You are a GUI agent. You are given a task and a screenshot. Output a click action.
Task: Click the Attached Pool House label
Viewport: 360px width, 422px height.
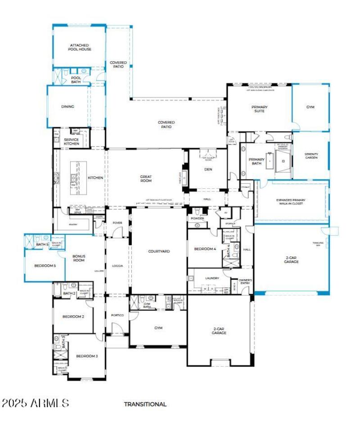tap(80, 47)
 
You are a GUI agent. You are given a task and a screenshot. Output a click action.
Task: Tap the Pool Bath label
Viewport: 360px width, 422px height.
tap(76, 80)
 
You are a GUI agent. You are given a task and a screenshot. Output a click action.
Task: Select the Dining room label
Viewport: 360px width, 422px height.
tap(67, 107)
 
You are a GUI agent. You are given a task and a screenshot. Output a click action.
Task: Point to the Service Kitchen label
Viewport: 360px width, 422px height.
tap(72, 142)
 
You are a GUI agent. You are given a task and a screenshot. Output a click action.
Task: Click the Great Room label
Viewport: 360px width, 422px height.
tap(146, 179)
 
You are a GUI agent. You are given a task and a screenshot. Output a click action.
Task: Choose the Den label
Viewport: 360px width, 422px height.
tap(208, 169)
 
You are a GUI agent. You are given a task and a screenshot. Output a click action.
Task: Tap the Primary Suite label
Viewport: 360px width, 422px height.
tap(259, 109)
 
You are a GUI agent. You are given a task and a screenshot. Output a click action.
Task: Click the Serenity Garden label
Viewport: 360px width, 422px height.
tap(311, 156)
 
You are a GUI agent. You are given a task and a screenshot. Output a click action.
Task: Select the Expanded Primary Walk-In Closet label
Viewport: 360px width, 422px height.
tap(290, 202)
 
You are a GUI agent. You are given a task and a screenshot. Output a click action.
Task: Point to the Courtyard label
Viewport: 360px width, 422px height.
tap(159, 251)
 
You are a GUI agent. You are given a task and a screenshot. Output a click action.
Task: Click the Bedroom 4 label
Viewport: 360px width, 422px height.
tap(205, 249)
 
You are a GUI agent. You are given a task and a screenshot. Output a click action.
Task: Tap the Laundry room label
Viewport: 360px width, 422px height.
tap(211, 278)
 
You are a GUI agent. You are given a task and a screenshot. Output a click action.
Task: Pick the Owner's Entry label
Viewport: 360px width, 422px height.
tap(245, 282)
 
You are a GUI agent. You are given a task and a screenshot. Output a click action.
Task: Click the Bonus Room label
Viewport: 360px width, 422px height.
tap(79, 258)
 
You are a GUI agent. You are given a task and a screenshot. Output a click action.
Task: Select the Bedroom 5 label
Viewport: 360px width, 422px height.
tap(45, 266)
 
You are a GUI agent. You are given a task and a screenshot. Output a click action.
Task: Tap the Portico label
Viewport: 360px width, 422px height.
tap(117, 315)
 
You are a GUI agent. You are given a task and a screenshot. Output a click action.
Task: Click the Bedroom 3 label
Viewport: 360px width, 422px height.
tap(86, 356)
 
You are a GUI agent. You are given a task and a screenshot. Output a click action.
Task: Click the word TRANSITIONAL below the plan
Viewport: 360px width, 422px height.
tap(145, 404)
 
